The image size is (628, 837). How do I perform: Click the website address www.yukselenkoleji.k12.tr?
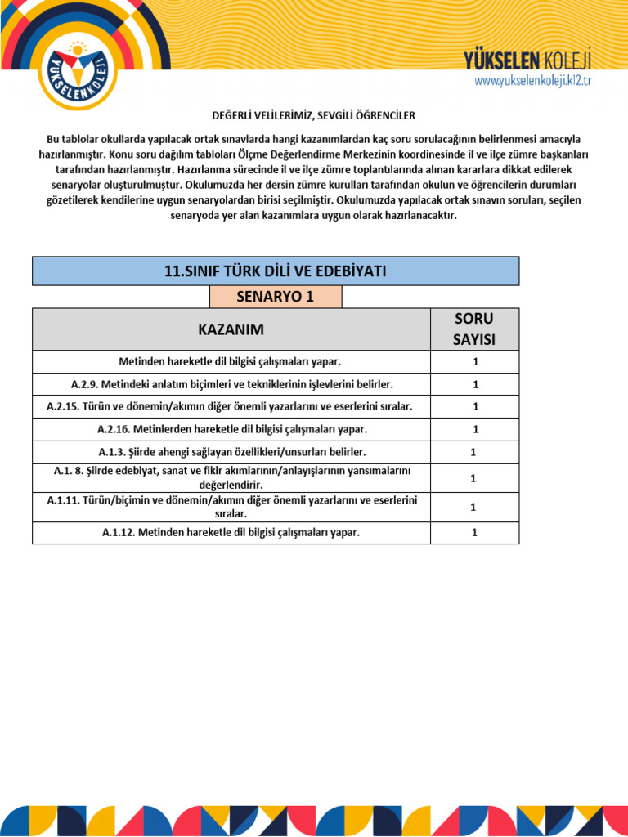pyautogui.click(x=532, y=80)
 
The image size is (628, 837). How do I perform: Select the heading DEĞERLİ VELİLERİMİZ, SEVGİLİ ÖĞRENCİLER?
pyautogui.click(x=313, y=115)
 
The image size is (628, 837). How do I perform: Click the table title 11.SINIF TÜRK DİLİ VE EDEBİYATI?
pyautogui.click(x=276, y=271)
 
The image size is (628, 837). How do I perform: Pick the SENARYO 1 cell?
pyautogui.click(x=276, y=297)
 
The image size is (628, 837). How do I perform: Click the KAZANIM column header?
pyautogui.click(x=231, y=329)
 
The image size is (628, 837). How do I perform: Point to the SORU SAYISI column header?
pyautogui.click(x=474, y=329)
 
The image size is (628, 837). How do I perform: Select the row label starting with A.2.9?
pyautogui.click(x=231, y=384)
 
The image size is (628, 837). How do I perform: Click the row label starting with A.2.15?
pyautogui.click(x=231, y=406)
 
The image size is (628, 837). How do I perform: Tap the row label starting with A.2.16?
pyautogui.click(x=231, y=429)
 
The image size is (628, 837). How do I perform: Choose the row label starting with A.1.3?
pyautogui.click(x=231, y=452)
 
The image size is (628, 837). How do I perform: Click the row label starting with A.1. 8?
pyautogui.click(x=231, y=477)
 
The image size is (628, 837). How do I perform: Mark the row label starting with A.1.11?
pyautogui.click(x=231, y=507)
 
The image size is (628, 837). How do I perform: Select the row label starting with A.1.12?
pyautogui.click(x=231, y=533)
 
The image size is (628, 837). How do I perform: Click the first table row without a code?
pyautogui.click(x=231, y=361)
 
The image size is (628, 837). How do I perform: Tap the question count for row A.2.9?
pyautogui.click(x=474, y=384)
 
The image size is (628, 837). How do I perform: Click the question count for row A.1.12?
pyautogui.click(x=474, y=533)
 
